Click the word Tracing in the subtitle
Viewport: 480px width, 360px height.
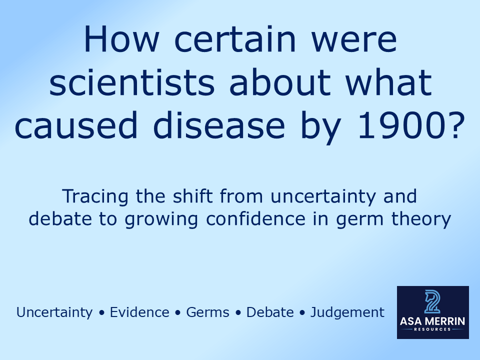pos(93,196)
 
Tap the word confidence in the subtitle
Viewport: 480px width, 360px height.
pos(318,219)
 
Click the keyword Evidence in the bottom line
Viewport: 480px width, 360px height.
pos(139,312)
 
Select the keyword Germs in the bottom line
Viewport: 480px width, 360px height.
pos(207,312)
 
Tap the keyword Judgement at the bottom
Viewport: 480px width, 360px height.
pos(347,313)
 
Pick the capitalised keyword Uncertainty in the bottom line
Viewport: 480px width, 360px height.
pos(54,312)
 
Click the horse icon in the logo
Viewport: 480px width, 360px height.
pos(432,301)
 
